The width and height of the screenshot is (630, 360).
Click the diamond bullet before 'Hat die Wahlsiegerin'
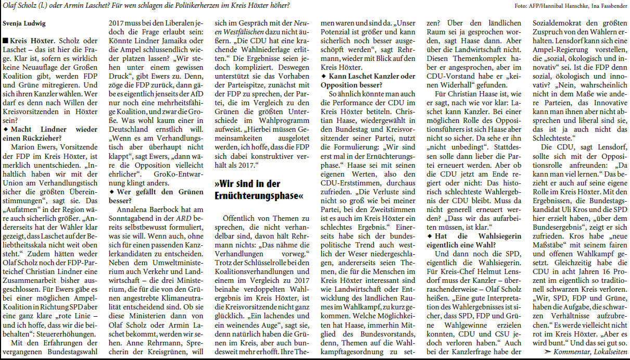point(429,236)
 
